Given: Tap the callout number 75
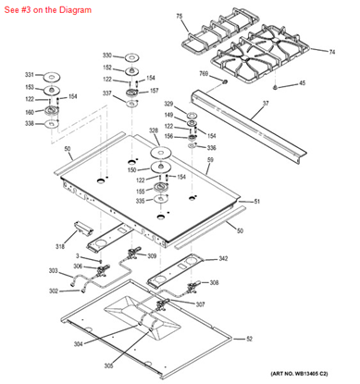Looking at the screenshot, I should [x=180, y=17].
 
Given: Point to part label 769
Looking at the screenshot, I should [x=204, y=73].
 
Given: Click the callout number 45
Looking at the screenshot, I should [x=328, y=84].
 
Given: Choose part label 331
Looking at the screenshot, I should [x=29, y=74].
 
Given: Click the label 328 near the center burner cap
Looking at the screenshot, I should [x=154, y=131].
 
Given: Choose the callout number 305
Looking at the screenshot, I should [x=110, y=366].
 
